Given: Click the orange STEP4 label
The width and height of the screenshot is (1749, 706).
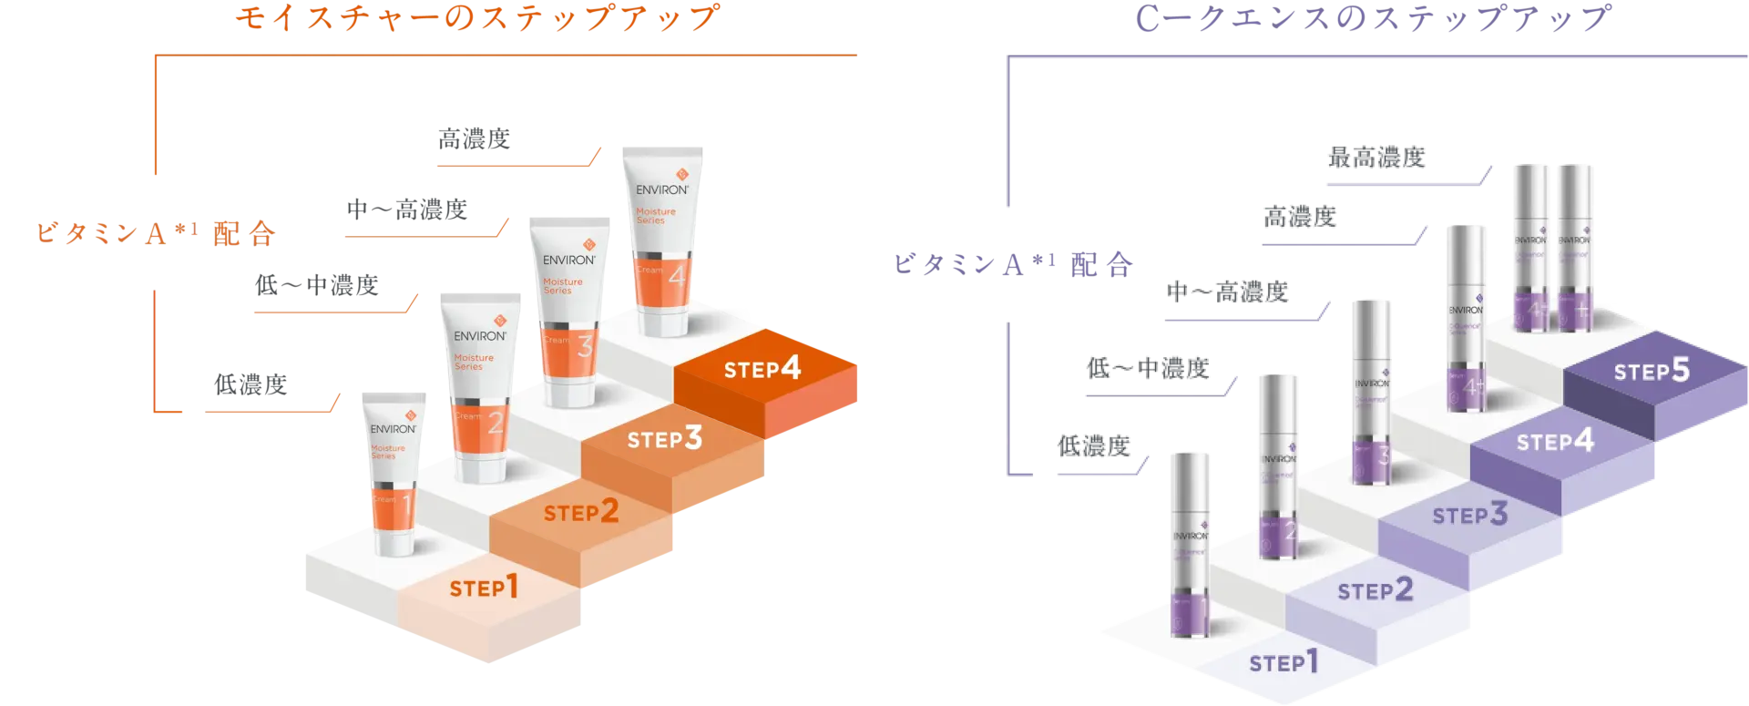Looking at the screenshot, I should (x=762, y=369).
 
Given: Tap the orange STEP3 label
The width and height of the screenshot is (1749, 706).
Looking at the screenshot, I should (x=664, y=440).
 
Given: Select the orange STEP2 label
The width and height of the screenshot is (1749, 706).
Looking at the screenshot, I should (x=581, y=513).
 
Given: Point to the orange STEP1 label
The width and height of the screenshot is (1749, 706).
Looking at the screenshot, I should (x=484, y=588).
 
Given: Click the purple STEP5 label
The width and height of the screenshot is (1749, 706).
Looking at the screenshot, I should (x=1652, y=372).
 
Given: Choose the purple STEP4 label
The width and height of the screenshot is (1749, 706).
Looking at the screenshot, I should (x=1555, y=443).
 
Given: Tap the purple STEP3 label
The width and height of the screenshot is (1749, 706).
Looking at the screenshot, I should (x=1469, y=516).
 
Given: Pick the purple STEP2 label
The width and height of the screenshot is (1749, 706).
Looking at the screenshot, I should (x=1375, y=591).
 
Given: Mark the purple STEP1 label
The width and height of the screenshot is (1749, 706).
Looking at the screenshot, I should (x=1284, y=662).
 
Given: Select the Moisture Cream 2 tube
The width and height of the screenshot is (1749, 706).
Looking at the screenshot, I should (x=480, y=386).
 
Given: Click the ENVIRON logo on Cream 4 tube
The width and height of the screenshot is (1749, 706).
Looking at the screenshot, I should (x=662, y=189).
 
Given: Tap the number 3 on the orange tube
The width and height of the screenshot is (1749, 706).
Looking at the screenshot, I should (x=584, y=345).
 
